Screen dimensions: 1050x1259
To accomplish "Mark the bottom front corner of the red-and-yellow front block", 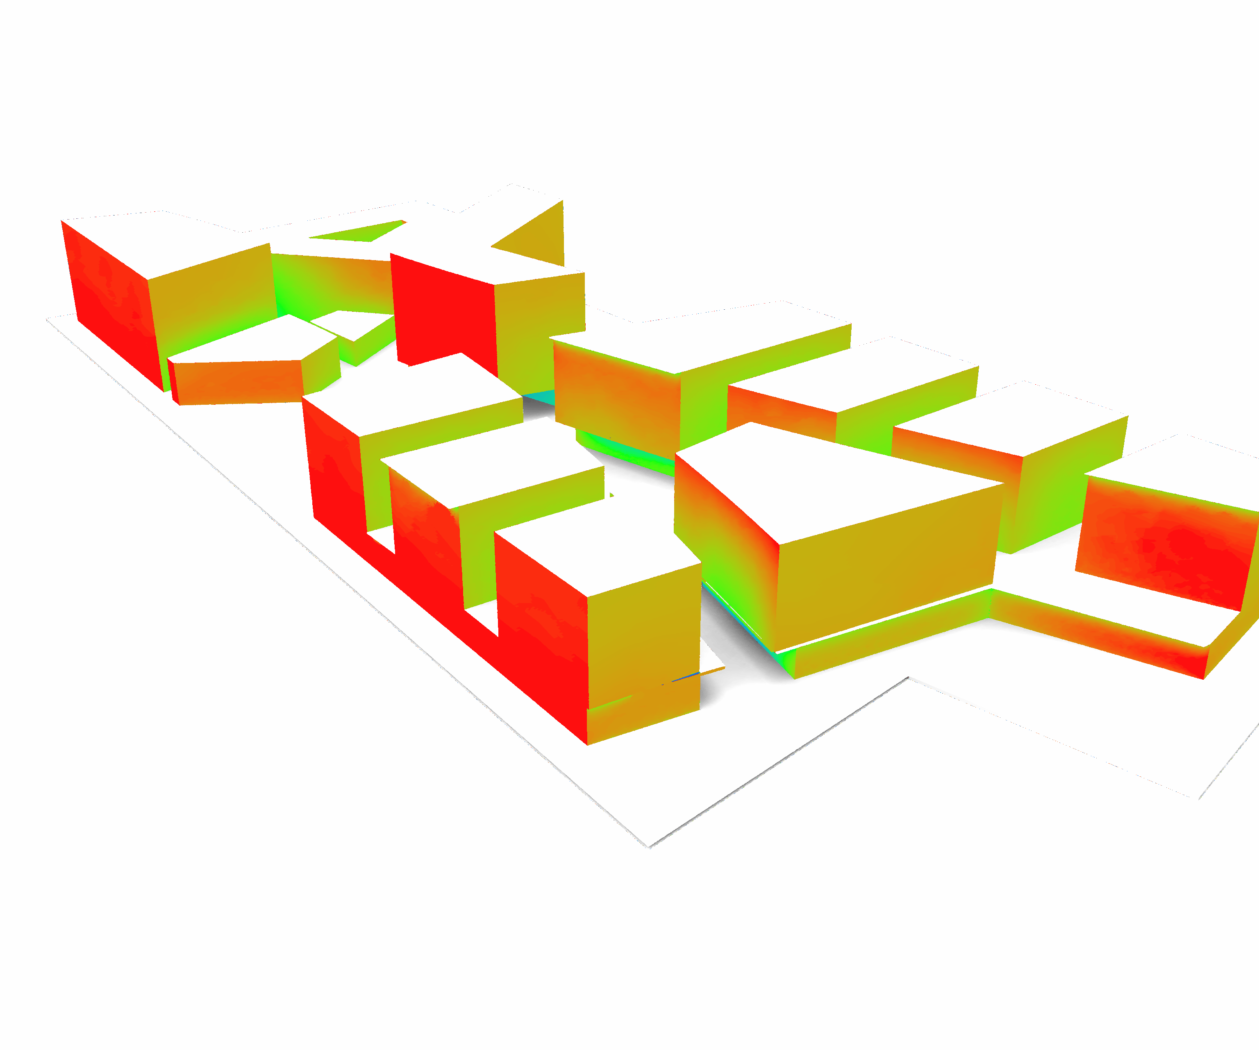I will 588,744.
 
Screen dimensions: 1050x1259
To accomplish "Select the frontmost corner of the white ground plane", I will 649,847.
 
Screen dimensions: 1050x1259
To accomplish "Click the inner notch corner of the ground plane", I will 908,677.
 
